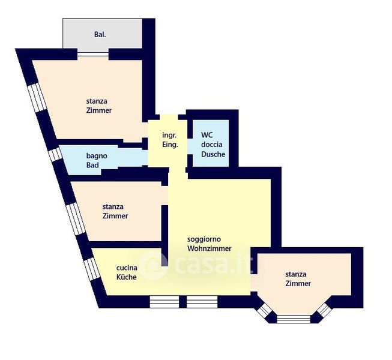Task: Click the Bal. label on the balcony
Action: click(100, 34)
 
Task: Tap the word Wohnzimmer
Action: click(210, 248)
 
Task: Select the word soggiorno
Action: click(204, 239)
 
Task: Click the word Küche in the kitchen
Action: click(127, 277)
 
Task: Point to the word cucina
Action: click(127, 268)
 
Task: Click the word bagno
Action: click(97, 156)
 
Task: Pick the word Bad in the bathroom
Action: click(92, 165)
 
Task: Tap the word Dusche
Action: click(213, 154)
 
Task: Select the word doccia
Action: click(212, 145)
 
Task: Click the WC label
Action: click(207, 135)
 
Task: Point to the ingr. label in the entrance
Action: click(169, 135)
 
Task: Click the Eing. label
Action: click(170, 145)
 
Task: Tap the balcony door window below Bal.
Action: click(93, 54)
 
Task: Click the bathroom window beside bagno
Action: click(55, 155)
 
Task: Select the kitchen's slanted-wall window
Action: click(92, 269)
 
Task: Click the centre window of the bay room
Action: click(294, 319)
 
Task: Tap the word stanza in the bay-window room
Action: click(296, 274)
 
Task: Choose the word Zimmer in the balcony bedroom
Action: click(98, 110)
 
